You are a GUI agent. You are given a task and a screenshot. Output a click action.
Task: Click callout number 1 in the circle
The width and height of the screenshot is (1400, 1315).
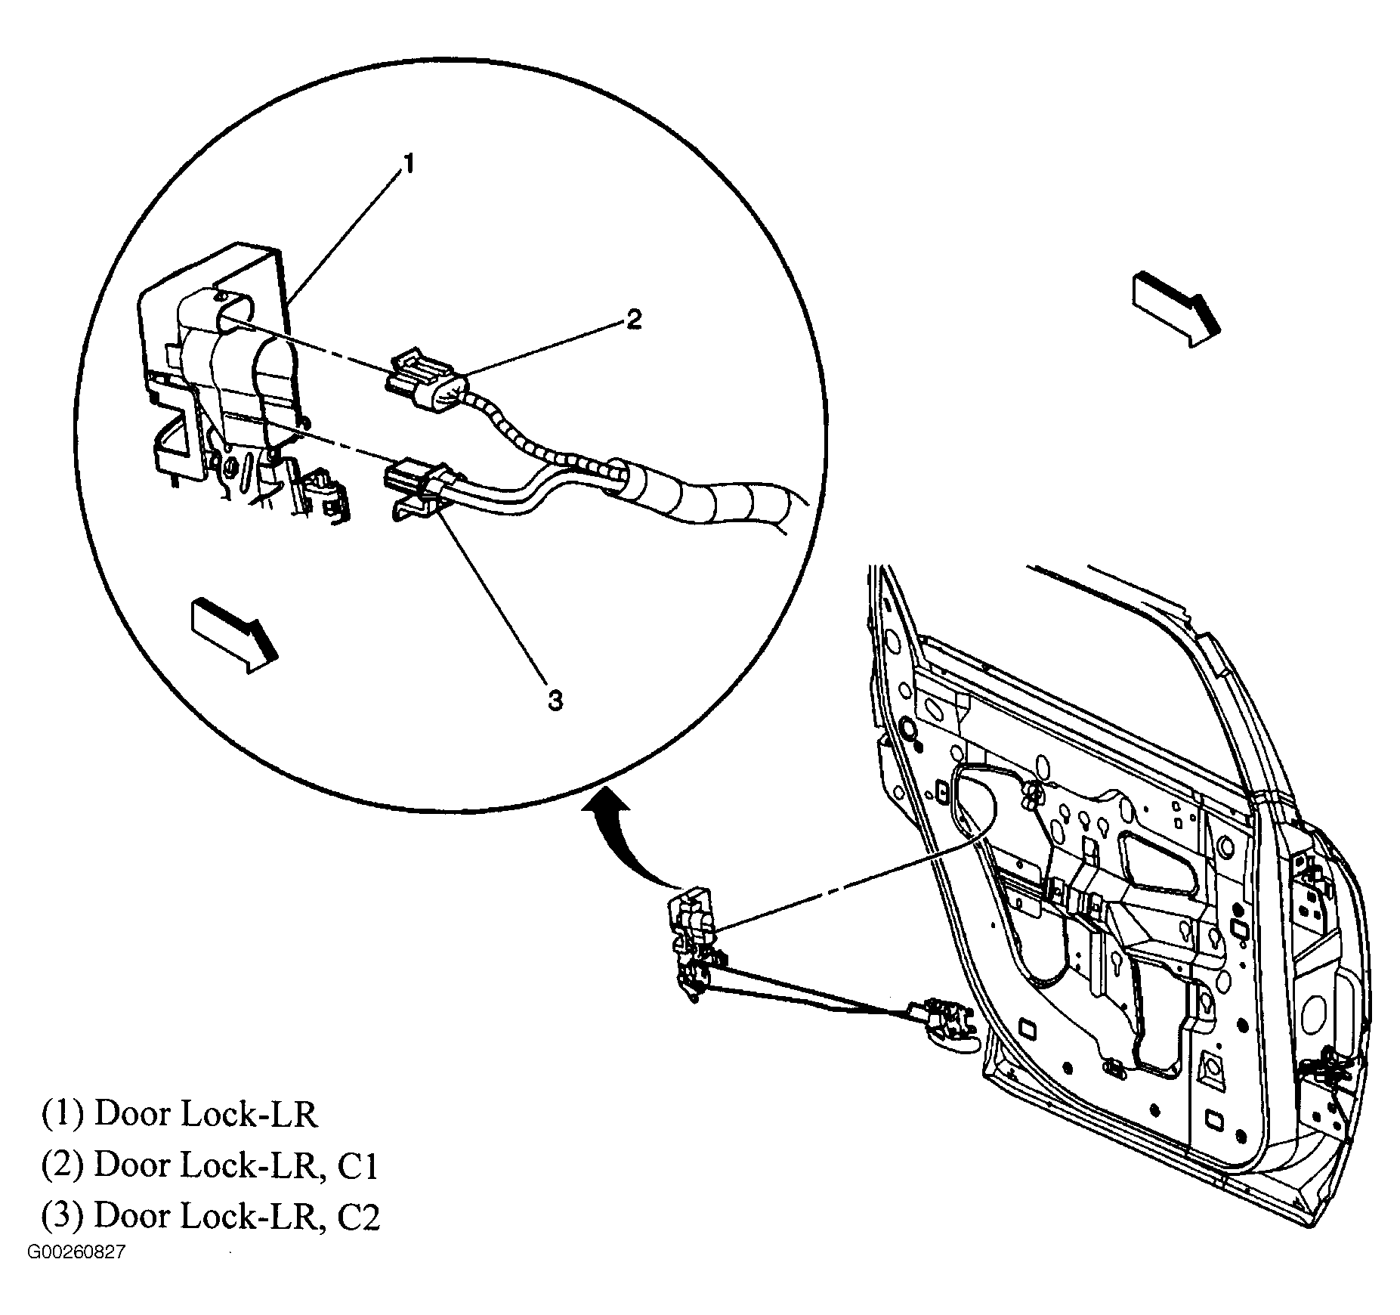(x=408, y=164)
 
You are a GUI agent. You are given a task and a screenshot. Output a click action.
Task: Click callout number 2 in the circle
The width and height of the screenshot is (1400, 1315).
(x=633, y=319)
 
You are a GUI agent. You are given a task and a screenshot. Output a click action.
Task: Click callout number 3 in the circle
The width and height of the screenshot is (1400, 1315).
(x=555, y=701)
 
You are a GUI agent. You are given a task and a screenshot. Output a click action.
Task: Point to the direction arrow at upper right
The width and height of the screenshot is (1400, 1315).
(x=1175, y=310)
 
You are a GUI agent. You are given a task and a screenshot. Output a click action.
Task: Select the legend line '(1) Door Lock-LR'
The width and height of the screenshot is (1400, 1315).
(x=179, y=1115)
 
